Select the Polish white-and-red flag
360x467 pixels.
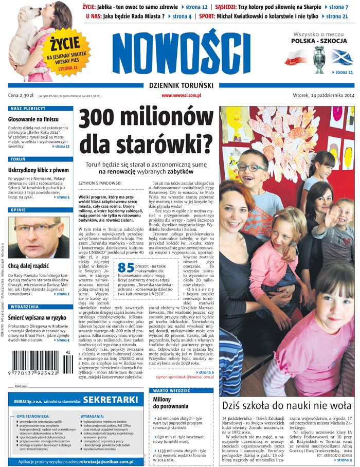[297, 58]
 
